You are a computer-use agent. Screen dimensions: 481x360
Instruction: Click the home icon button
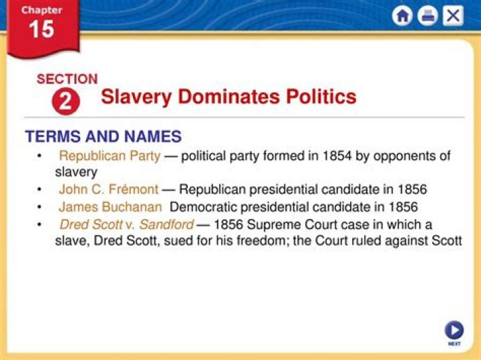coord(402,16)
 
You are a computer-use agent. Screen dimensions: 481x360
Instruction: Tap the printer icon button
coord(428,16)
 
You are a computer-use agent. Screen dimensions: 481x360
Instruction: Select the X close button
coord(453,15)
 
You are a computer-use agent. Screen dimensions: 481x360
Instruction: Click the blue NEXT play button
coord(454,330)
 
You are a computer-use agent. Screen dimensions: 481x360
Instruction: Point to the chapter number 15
coord(41,29)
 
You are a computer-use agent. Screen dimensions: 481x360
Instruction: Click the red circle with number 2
coord(66,102)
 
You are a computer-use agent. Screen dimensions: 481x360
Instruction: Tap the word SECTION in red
coord(67,79)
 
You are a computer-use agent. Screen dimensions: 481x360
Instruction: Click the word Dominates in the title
coord(228,97)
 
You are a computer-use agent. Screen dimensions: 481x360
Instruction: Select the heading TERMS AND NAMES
coord(104,136)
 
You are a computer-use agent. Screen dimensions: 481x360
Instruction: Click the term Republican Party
coord(110,156)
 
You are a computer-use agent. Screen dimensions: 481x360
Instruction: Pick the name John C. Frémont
coord(109,189)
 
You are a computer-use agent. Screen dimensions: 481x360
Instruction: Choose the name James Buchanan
coord(110,207)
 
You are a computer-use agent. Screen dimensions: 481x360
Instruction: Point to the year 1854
coord(337,156)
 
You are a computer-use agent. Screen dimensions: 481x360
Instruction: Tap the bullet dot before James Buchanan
coord(39,207)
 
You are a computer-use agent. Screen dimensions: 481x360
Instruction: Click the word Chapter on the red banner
coord(41,11)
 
